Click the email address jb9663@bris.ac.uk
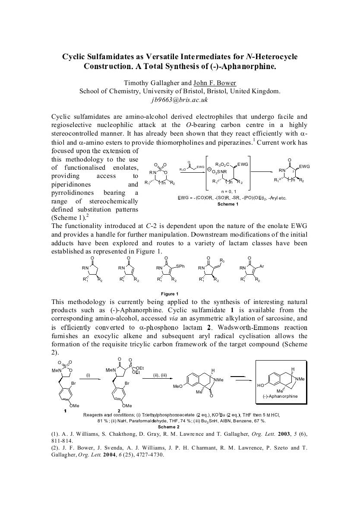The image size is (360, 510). pyautogui.click(x=180, y=100)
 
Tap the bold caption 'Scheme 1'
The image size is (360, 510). pyautogui.click(x=228, y=204)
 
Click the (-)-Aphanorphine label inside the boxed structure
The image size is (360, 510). pyautogui.click(x=280, y=396)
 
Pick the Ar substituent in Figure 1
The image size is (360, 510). pyautogui.click(x=262, y=266)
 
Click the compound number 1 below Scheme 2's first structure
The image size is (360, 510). pyautogui.click(x=65, y=410)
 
